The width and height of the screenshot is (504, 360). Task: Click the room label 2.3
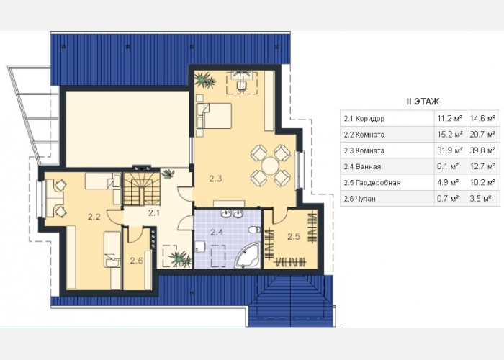(216, 179)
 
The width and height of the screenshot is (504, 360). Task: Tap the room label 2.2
(94, 217)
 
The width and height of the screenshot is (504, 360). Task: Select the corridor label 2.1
(154, 212)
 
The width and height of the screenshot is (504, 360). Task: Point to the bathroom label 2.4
(217, 232)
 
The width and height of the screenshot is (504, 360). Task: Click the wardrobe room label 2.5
(294, 237)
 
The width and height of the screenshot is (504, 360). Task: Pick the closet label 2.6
(137, 261)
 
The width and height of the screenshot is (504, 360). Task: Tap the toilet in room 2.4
(255, 230)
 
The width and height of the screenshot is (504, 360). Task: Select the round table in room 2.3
(270, 166)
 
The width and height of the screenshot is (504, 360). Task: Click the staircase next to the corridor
(142, 189)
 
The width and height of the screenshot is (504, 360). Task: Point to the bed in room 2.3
(214, 116)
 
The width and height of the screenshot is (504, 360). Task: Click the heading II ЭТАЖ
(423, 102)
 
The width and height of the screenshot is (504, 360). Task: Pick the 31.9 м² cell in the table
(450, 150)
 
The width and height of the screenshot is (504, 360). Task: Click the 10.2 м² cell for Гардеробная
(483, 183)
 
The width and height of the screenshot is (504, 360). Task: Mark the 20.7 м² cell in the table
(483, 135)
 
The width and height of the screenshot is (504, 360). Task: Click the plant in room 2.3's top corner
(204, 79)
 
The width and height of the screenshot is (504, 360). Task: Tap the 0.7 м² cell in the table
(450, 199)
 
